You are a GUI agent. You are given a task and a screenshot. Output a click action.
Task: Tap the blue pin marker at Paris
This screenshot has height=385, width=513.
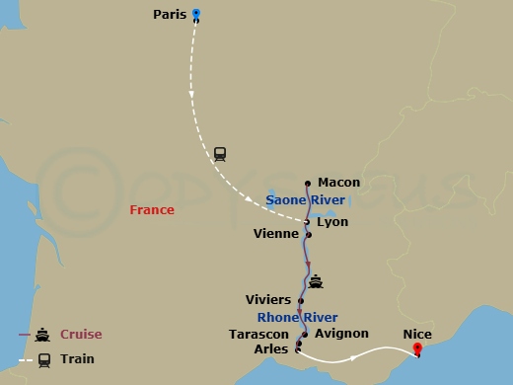click(x=195, y=14)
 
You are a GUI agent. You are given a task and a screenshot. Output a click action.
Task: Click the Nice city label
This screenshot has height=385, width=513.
click(x=416, y=334)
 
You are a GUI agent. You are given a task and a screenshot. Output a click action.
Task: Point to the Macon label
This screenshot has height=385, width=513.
click(x=339, y=183)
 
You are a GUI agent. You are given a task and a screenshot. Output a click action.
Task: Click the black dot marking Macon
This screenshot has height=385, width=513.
click(x=309, y=183)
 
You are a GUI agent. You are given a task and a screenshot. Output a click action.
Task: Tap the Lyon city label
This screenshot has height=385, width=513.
click(x=332, y=222)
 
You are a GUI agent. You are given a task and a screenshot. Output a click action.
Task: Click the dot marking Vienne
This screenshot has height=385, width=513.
click(x=309, y=235)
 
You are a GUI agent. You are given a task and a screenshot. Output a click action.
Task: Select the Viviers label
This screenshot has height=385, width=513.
click(x=267, y=299)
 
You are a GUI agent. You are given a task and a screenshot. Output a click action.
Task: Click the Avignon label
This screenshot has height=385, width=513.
click(x=341, y=334)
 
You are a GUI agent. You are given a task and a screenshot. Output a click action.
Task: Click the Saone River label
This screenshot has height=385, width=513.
click(x=304, y=200)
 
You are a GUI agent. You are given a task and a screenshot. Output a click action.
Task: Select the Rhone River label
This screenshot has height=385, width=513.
click(x=297, y=317)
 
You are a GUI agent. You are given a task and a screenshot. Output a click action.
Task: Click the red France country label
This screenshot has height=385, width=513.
click(x=152, y=210)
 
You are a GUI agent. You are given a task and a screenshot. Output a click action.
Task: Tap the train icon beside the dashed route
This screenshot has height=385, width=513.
click(x=220, y=153)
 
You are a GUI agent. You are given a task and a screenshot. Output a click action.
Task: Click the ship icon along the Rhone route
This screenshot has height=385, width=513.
click(x=316, y=282)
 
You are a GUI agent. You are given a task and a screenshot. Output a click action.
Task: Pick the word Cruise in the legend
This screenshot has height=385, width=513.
click(x=81, y=334)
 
